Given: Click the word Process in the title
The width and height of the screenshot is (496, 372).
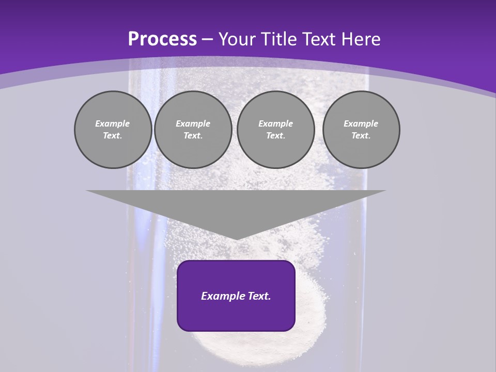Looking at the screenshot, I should pos(162,39).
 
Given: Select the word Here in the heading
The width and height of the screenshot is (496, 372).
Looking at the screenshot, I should pos(361,39).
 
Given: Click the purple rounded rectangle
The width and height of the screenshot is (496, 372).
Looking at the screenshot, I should pos(236,315).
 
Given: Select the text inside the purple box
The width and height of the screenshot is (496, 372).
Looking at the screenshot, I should pos(236,296).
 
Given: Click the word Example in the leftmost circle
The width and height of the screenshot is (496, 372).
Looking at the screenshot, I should pos(113,123).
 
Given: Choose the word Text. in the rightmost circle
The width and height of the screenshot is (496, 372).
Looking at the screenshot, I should pos(361,135).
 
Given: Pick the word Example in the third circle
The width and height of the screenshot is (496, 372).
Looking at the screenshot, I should pos(275,123).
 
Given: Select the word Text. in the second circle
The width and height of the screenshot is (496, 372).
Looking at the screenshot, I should pos(193,135).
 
